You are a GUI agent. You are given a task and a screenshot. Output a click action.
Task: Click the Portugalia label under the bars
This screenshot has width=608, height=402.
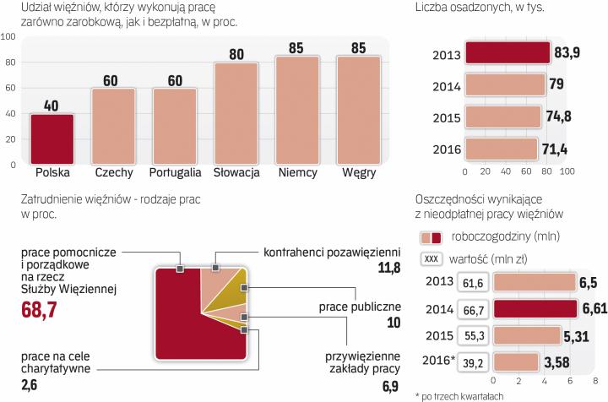pyautogui.click(x=175, y=172)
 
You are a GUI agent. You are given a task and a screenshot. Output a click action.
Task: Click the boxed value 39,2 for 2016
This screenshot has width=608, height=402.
pyautogui.click(x=475, y=362)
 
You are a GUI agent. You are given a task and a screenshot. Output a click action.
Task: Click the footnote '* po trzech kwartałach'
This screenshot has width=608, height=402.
pyautogui.click(x=460, y=395)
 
